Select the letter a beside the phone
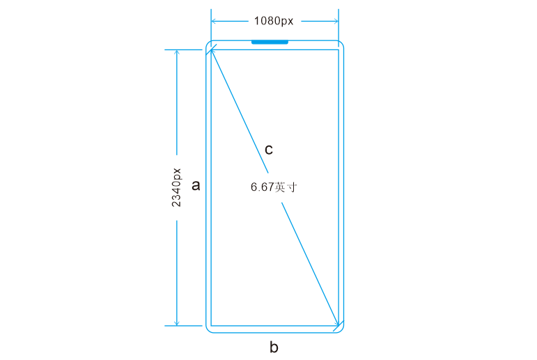click(x=196, y=186)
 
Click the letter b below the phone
click(x=274, y=347)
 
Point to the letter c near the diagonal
click(x=269, y=150)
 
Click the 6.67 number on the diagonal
click(x=263, y=187)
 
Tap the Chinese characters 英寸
click(x=286, y=187)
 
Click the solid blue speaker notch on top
click(x=270, y=42)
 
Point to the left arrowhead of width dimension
click(x=213, y=21)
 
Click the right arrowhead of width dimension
click(x=336, y=21)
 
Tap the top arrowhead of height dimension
click(x=177, y=52)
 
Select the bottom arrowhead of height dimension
click(x=177, y=323)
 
